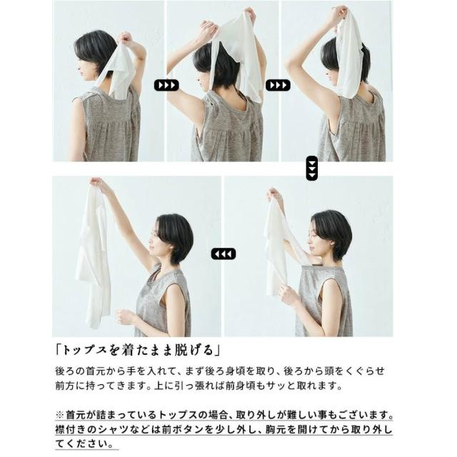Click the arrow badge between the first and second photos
coord(166,85)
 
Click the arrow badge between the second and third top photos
coord(278,85)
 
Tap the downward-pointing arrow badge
coord(312,169)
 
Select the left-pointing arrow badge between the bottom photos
coord(224,253)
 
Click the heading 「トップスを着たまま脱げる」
coord(138,350)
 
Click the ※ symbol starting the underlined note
coord(60,414)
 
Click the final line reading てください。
coord(84,444)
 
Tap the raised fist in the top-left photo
coord(126,38)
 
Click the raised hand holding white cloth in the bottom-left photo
coord(97,184)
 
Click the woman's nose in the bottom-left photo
coord(149,240)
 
